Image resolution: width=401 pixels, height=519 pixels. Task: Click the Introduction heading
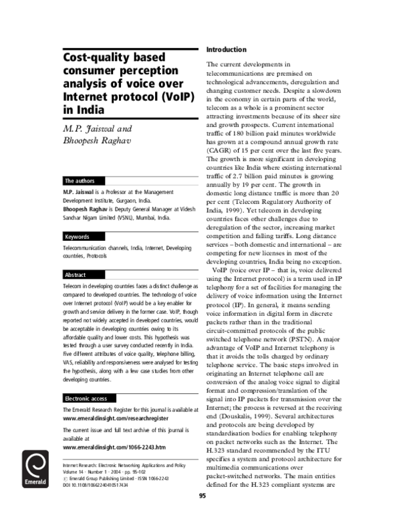[x=227, y=50]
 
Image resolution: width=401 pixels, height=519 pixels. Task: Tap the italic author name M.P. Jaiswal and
[x=98, y=128]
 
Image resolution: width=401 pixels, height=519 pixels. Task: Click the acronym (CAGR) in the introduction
[x=221, y=151]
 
